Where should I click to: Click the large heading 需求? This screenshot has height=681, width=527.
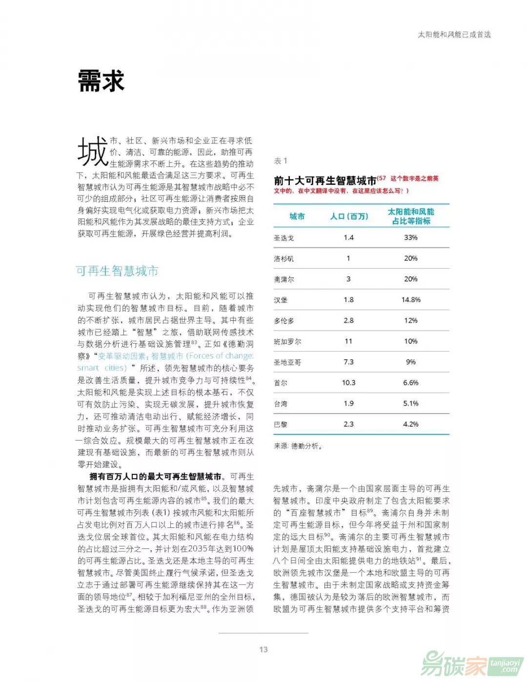coord(101,81)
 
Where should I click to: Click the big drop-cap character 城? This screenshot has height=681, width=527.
coord(92,152)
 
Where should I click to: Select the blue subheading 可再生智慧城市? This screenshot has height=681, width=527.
coord(117,271)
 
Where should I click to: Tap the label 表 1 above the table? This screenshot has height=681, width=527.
coord(281,161)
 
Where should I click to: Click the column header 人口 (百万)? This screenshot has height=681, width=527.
coord(349,216)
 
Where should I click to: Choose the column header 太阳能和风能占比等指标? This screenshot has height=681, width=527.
coord(411,216)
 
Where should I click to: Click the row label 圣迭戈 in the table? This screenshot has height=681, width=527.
coord(284,238)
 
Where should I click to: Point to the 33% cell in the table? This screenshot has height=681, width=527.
coord(410,237)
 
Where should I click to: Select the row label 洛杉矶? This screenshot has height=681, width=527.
coord(284,259)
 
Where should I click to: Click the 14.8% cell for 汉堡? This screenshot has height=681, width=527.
coord(411,300)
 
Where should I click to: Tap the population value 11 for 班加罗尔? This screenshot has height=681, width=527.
coord(348,341)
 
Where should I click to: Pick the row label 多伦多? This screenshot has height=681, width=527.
coord(284,321)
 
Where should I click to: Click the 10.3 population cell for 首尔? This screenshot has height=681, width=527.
coord(348,383)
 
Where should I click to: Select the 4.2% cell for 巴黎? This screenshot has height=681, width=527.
coord(410,424)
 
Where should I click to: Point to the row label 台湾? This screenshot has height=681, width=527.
coord(281,404)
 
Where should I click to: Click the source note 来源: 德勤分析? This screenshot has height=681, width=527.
coord(298,446)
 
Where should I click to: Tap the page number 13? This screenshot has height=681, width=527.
coord(263,649)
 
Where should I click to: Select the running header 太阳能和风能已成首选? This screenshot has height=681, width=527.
coord(454,35)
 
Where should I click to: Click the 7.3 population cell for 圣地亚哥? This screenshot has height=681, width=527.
coord(348,362)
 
